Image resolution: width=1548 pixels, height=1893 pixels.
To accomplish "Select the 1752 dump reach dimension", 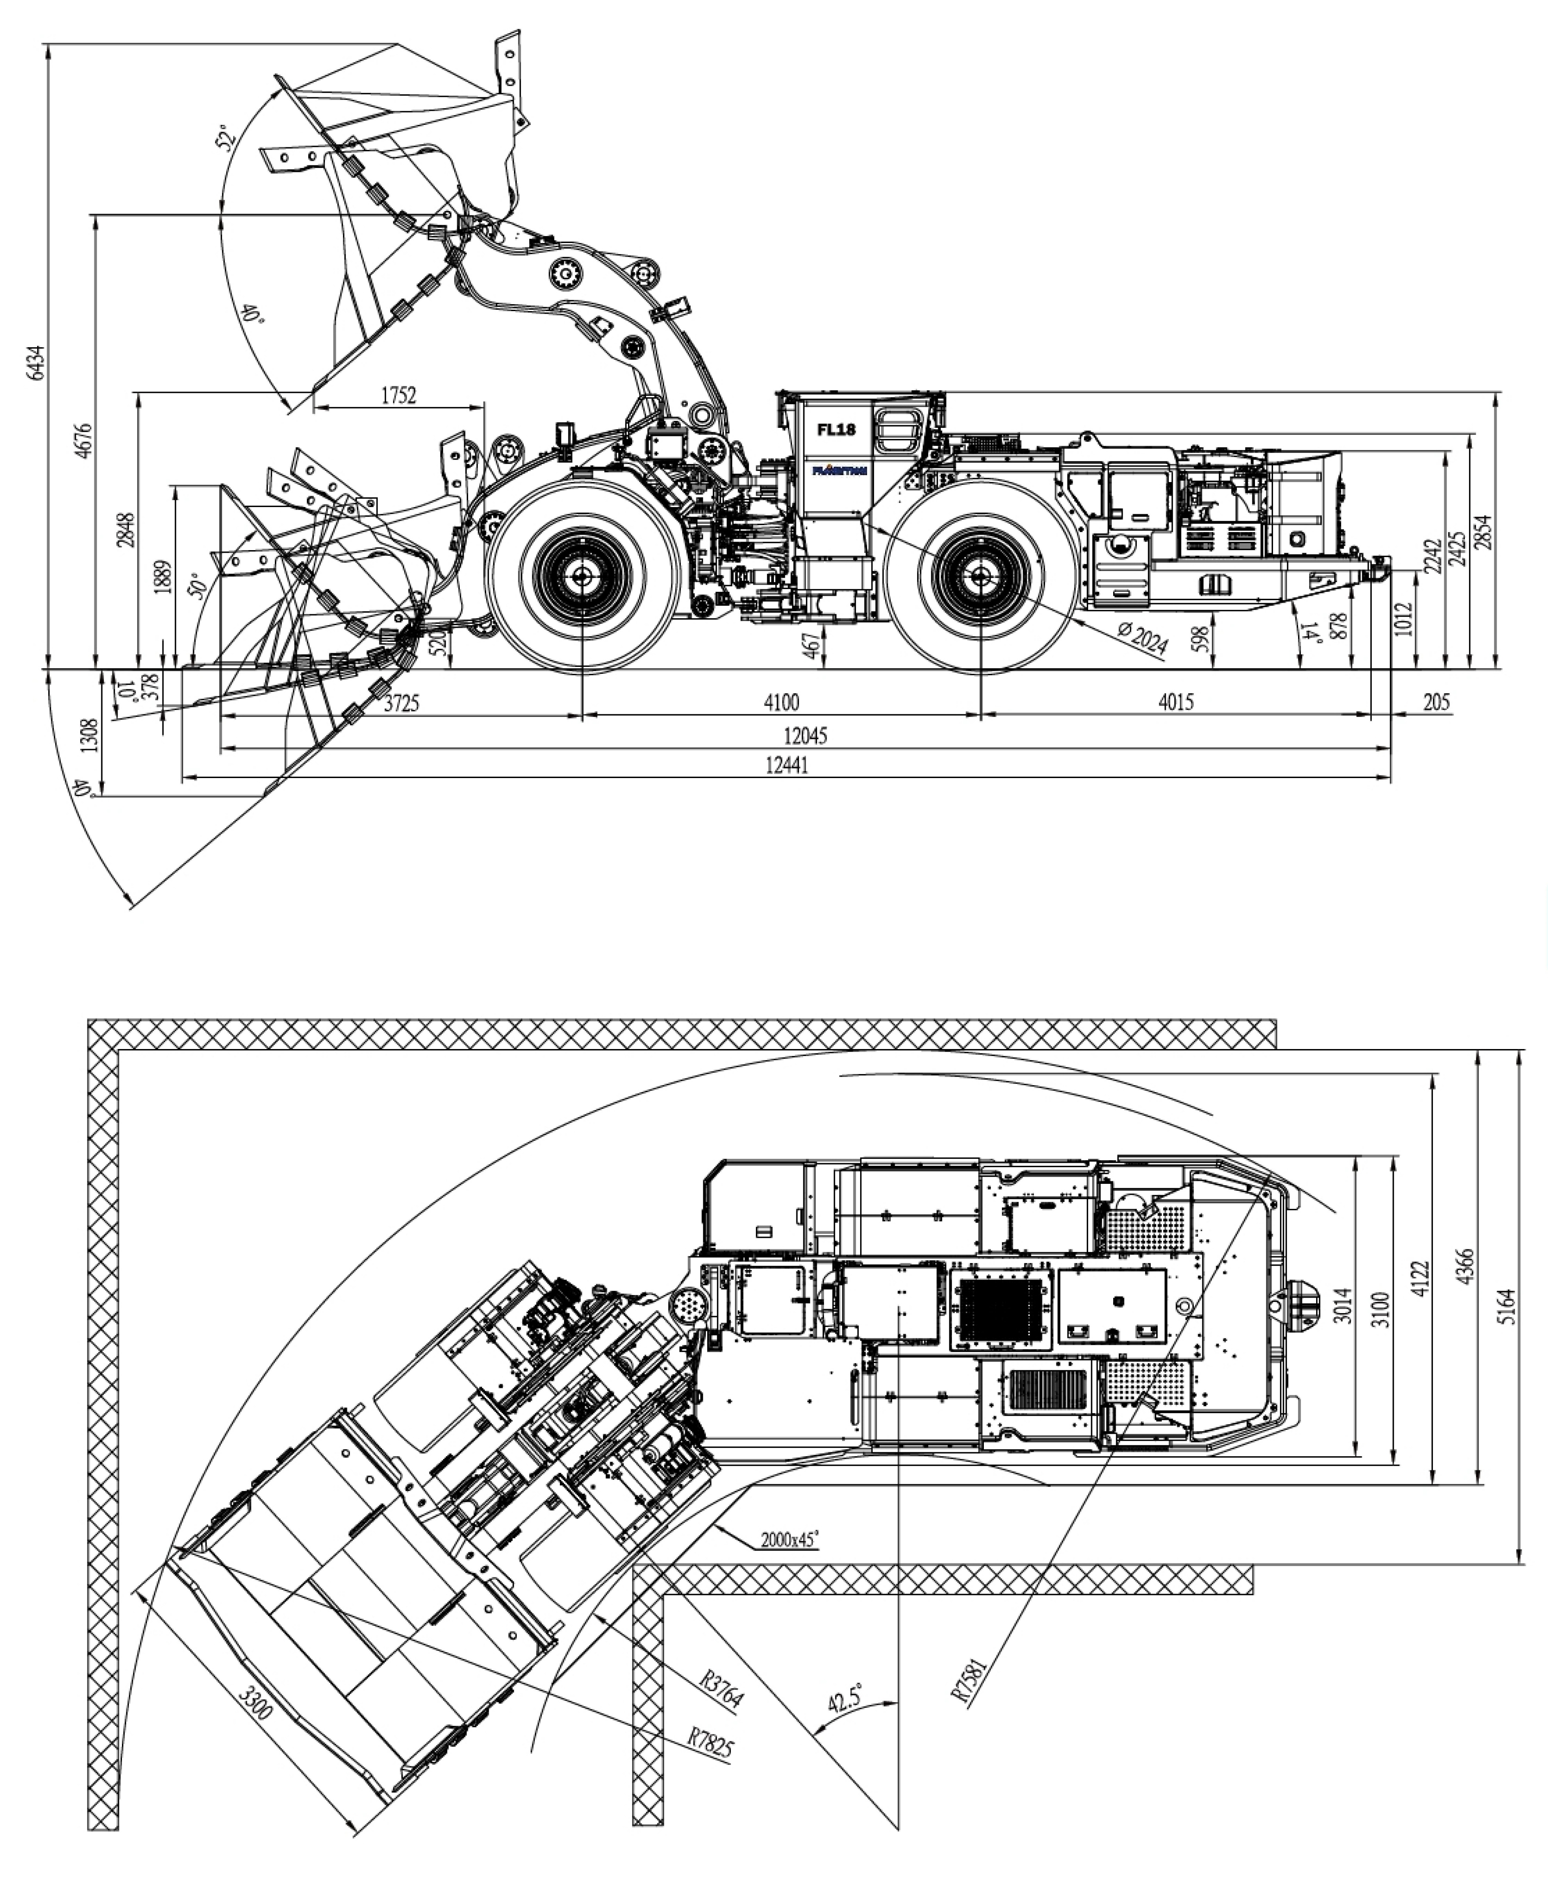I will point(399,395).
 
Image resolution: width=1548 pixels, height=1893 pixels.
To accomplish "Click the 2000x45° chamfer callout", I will point(789,1539).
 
